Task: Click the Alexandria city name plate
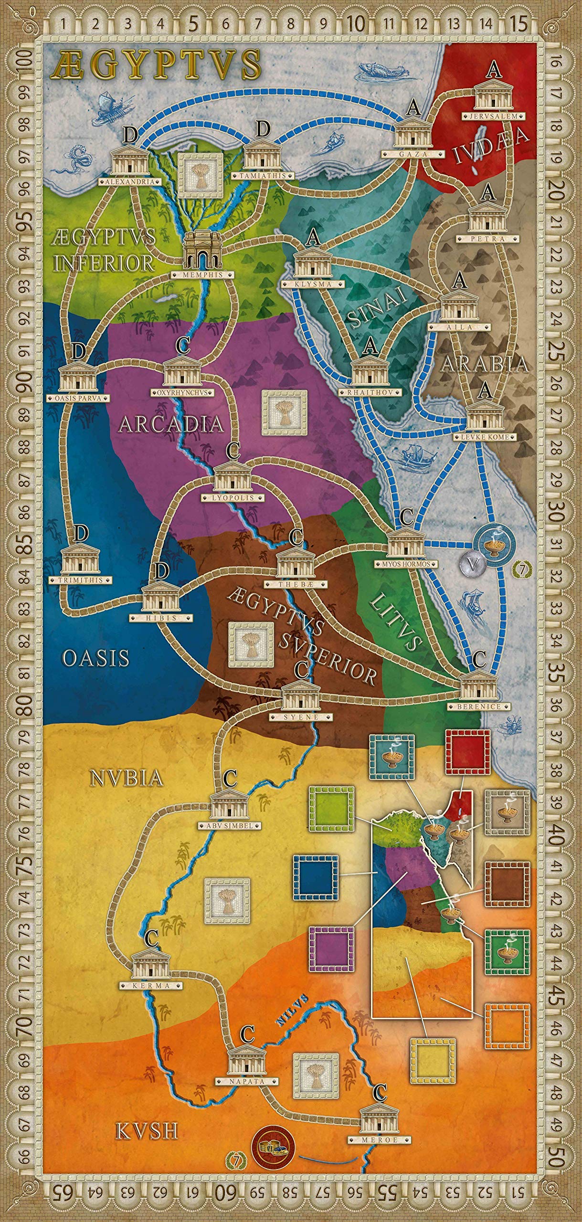(x=127, y=182)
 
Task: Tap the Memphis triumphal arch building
(x=202, y=250)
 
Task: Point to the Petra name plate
(x=487, y=239)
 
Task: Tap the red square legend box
(x=467, y=751)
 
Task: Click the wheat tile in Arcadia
(x=284, y=412)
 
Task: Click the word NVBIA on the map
(x=126, y=779)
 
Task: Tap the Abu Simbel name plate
(x=230, y=825)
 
